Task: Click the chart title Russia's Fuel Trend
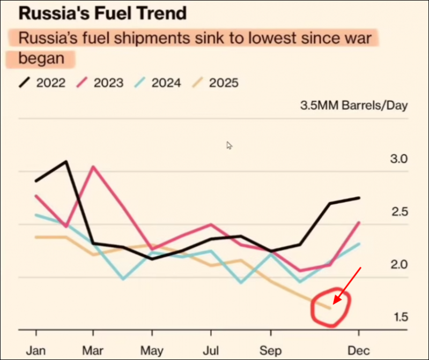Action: (102, 12)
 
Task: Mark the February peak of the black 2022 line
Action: (66, 161)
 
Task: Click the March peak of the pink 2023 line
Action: (93, 167)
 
